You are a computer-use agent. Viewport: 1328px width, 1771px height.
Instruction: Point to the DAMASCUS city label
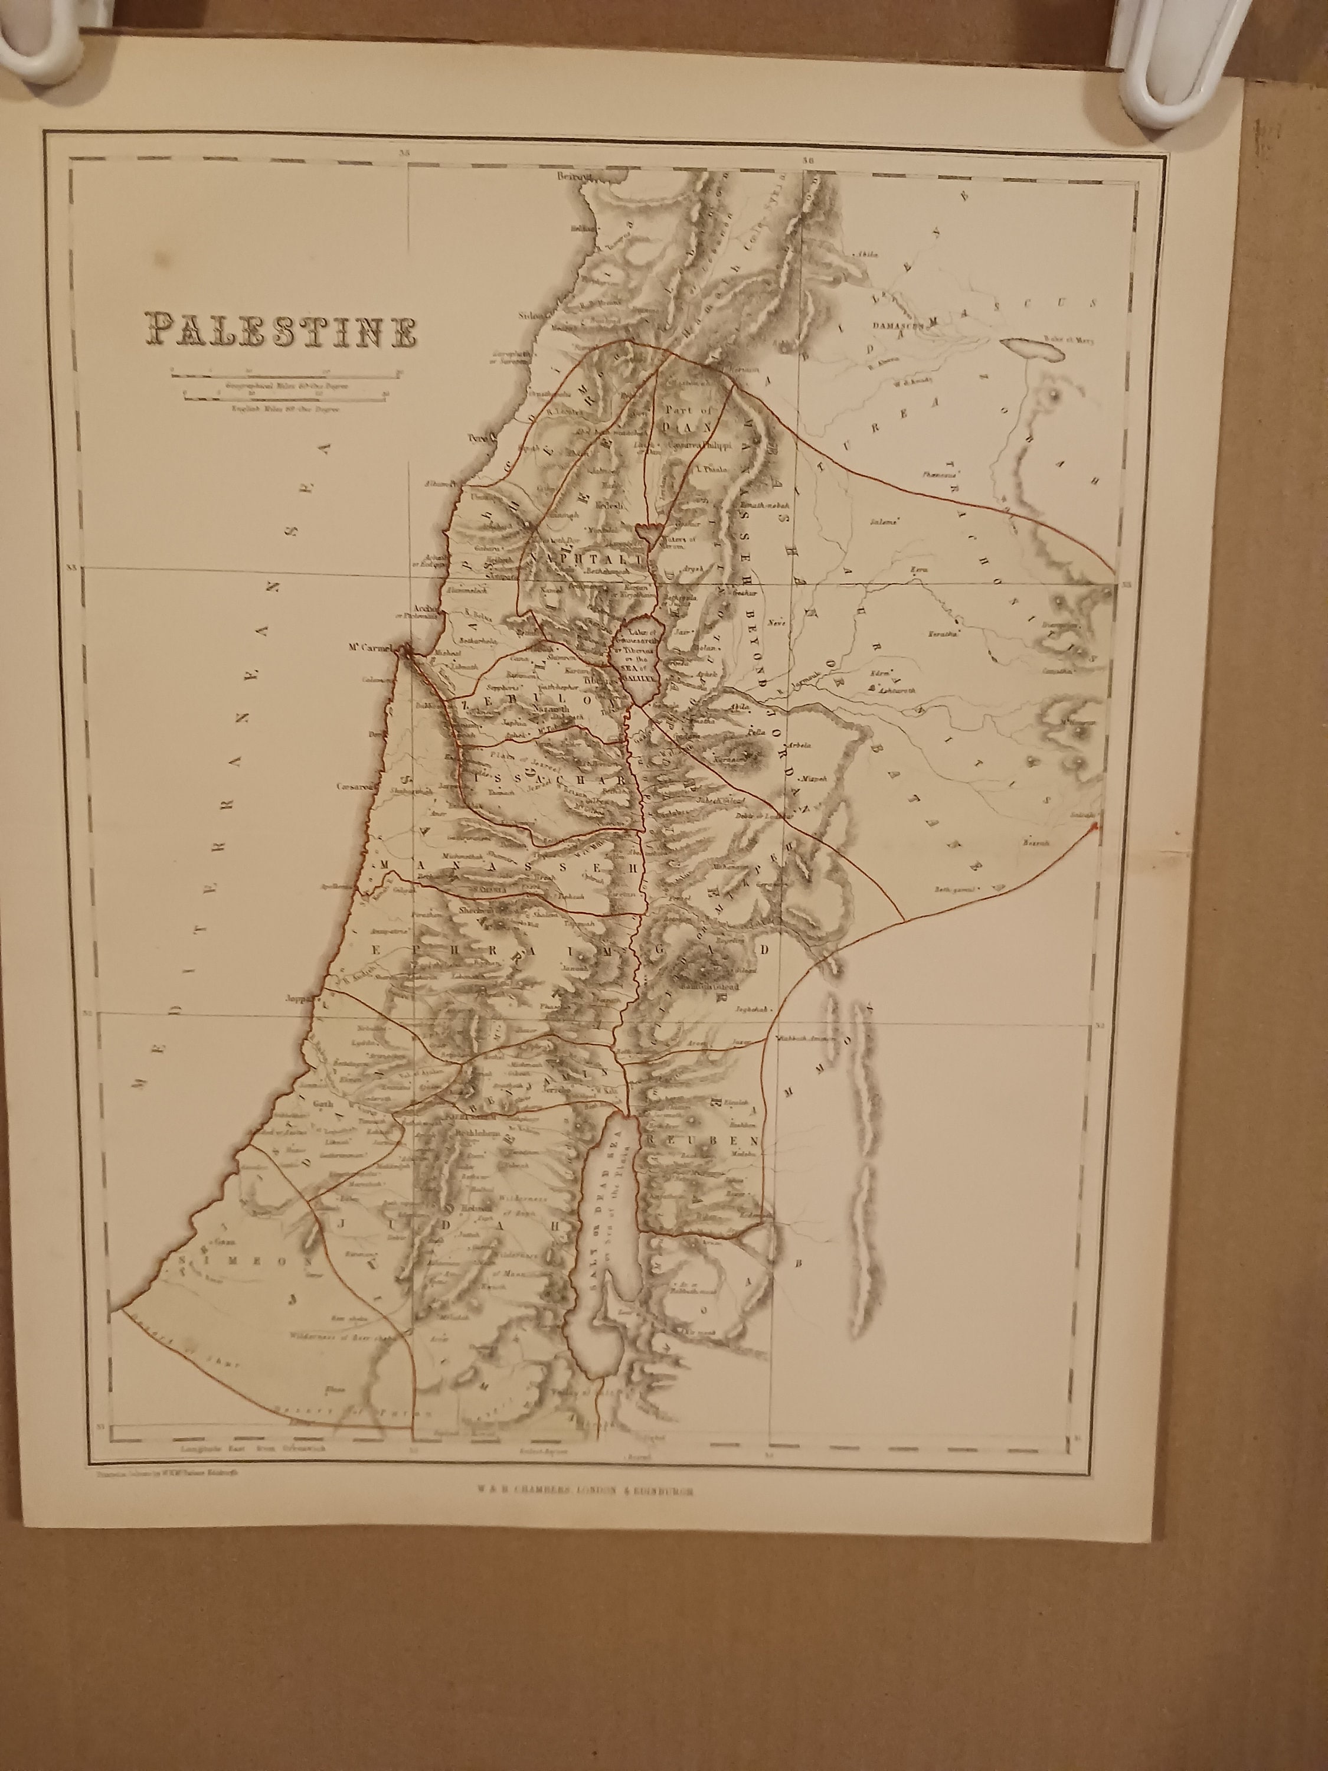(897, 326)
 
